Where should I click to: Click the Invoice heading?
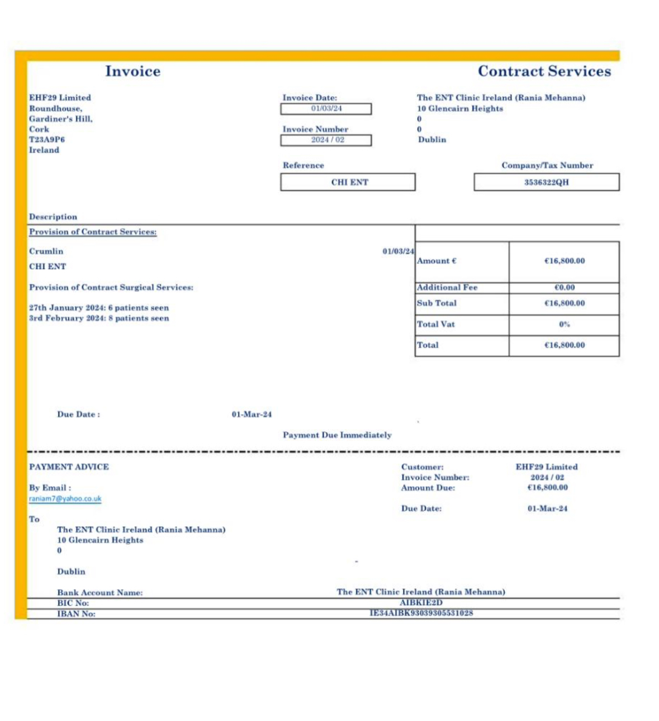[x=132, y=71]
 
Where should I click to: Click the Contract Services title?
[x=544, y=71]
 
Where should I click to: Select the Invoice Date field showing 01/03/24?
[x=326, y=108]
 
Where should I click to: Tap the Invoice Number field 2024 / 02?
[x=326, y=140]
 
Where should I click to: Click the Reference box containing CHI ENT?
[x=348, y=182]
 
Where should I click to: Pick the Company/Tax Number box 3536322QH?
[x=546, y=182]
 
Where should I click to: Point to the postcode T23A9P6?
[x=47, y=139]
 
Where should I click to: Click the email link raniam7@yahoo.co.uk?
[x=65, y=499]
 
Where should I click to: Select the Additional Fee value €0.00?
[x=564, y=287]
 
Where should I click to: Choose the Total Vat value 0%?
[x=564, y=324]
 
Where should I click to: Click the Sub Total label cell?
[x=462, y=303]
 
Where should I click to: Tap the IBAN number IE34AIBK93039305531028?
[x=421, y=613]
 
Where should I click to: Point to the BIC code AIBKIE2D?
[x=421, y=603]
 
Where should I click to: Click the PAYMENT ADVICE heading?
[x=69, y=467]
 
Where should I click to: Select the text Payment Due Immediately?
[x=337, y=435]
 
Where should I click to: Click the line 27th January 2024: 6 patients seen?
[x=99, y=308]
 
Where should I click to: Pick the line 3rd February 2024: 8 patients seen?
[x=99, y=319]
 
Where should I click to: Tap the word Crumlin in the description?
[x=46, y=252]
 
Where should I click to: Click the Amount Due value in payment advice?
[x=547, y=487]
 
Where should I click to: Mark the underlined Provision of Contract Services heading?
[x=93, y=232]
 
